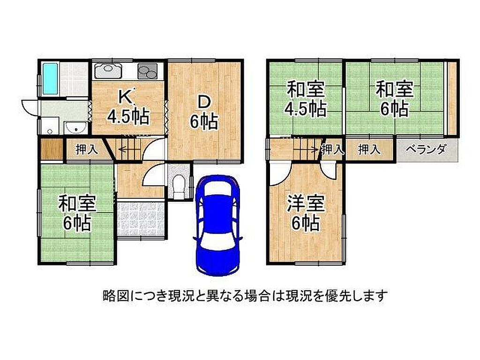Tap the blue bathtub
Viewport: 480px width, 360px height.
point(50,79)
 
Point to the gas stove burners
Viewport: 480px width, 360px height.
point(147,71)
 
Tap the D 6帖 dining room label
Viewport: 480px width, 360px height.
point(204,112)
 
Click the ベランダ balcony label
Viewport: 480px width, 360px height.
point(426,150)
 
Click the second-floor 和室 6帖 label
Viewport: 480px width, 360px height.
point(394,98)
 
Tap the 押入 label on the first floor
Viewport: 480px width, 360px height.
point(87,150)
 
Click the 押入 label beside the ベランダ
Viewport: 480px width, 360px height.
point(369,150)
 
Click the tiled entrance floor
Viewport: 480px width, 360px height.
point(142,219)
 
